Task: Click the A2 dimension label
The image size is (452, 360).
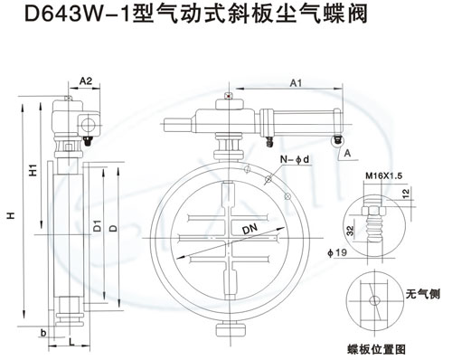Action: (86, 81)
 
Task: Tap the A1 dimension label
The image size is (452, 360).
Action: (296, 83)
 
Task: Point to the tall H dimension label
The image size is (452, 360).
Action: (12, 215)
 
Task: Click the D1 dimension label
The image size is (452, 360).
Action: (98, 226)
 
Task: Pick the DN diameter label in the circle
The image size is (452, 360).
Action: (250, 229)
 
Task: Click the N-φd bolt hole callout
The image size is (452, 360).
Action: (295, 159)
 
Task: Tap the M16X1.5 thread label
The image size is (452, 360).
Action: (384, 175)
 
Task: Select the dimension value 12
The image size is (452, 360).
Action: (406, 193)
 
